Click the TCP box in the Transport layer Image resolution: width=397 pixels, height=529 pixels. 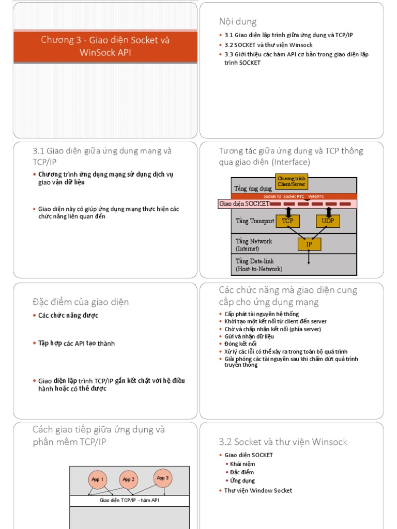(x=288, y=221)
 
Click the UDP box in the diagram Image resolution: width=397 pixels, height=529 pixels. (x=328, y=221)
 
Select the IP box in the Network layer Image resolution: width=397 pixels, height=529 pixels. (x=309, y=244)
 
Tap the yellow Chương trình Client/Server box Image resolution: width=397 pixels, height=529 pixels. (x=292, y=181)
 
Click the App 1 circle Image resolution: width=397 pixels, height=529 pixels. (x=98, y=479)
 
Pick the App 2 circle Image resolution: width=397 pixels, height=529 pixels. (x=129, y=479)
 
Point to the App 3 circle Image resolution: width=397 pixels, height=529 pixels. (x=163, y=478)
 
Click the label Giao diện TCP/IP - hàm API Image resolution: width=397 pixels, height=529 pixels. (x=129, y=501)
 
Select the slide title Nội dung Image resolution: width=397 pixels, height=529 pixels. (x=238, y=21)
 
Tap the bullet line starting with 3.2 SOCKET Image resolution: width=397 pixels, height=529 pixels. (x=268, y=45)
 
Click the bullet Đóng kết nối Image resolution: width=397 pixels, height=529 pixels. (x=240, y=344)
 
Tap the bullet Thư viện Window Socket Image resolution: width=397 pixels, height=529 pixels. (x=258, y=490)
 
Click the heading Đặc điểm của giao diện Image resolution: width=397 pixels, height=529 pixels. (x=81, y=302)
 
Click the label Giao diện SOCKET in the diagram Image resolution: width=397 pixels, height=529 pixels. (x=244, y=204)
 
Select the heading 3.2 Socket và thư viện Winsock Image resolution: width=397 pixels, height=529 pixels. (x=283, y=442)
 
